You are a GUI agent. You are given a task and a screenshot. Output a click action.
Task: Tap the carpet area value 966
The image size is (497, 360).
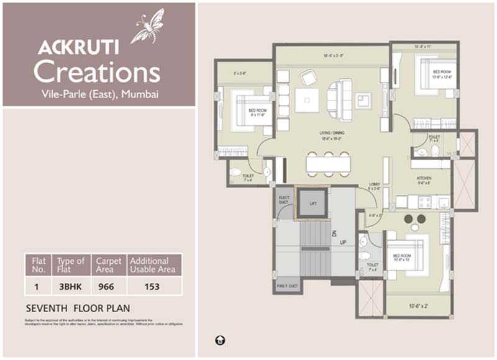coord(108,287)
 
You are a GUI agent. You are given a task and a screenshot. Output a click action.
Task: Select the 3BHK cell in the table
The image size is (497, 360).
coord(70,287)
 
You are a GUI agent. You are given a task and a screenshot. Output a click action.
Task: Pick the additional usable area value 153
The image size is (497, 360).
coord(152,287)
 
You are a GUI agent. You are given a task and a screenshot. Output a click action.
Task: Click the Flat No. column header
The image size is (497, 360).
coord(39,265)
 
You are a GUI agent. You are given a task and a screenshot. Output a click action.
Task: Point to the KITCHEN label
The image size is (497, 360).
coord(424,179)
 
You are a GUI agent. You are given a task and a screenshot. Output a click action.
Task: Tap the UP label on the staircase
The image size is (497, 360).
coord(343,242)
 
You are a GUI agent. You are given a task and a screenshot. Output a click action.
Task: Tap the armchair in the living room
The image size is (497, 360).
coord(308,78)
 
